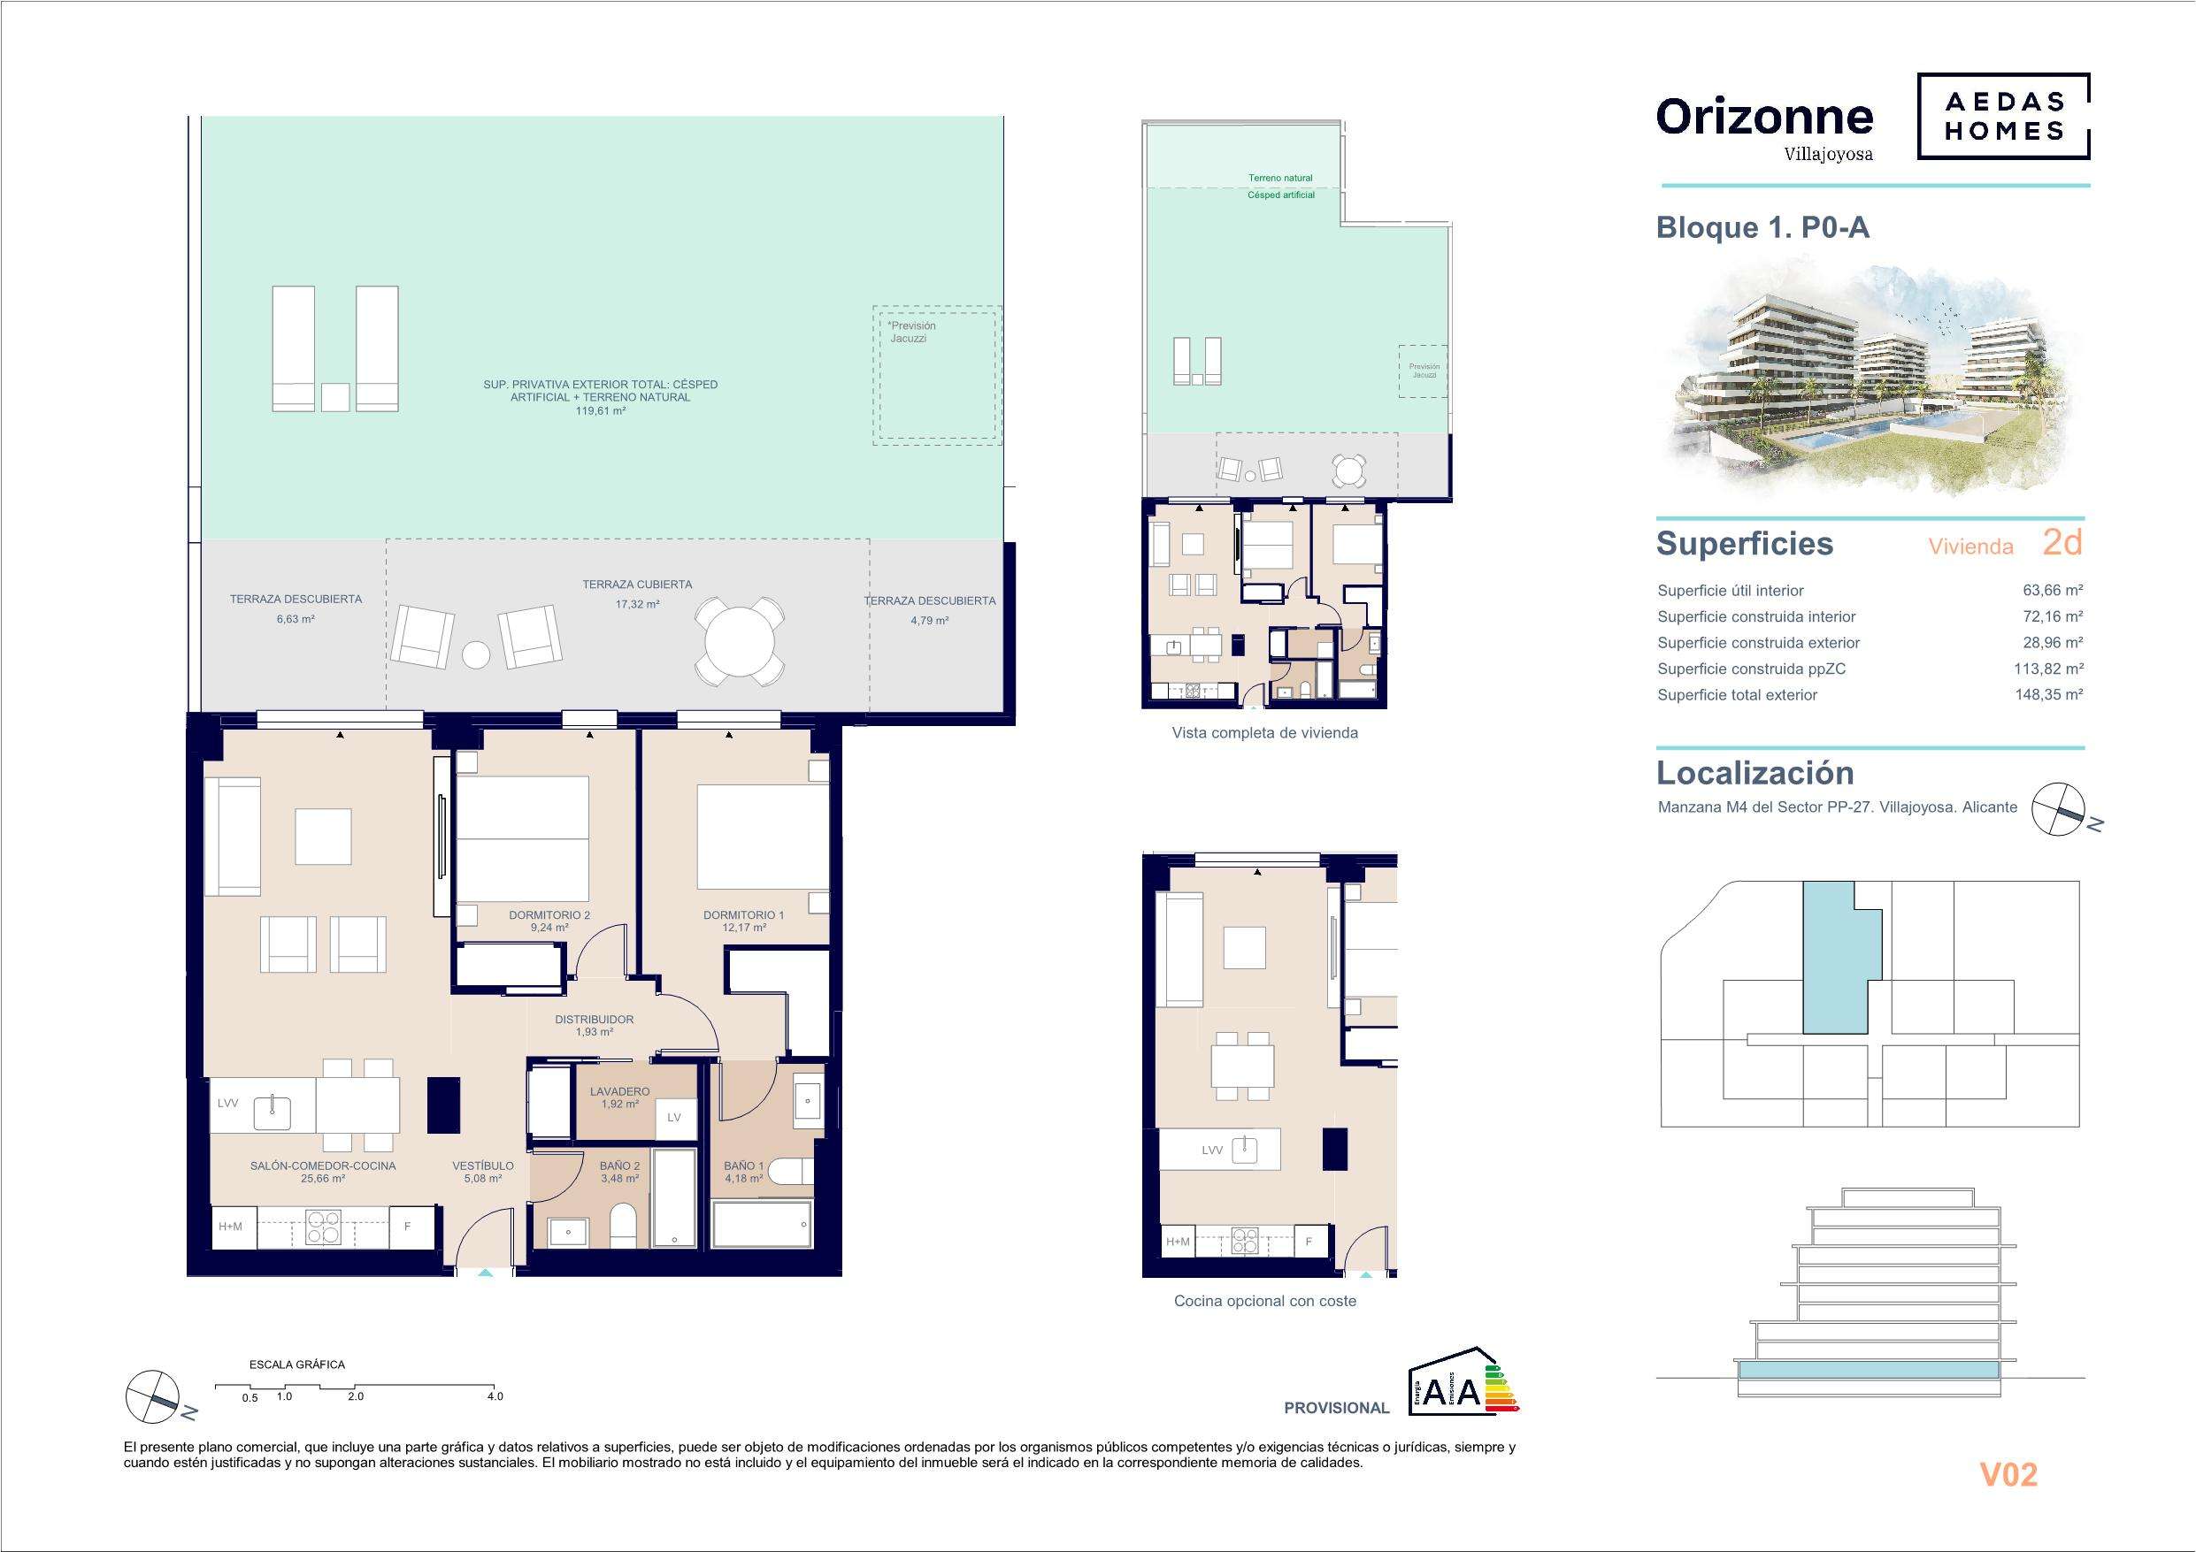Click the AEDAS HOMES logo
(x=2003, y=116)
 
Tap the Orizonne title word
(x=1764, y=117)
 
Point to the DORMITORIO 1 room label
(x=743, y=915)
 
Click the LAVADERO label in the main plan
(x=619, y=1091)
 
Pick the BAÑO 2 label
(x=619, y=1166)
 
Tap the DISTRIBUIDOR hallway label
(x=594, y=1020)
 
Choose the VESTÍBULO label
(x=483, y=1166)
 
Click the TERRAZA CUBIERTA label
(x=637, y=585)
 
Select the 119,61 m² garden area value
(x=600, y=410)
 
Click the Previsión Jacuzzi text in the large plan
(x=911, y=332)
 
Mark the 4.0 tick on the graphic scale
(x=495, y=1396)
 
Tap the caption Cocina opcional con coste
(x=1264, y=1302)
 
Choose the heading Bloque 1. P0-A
(x=1762, y=227)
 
